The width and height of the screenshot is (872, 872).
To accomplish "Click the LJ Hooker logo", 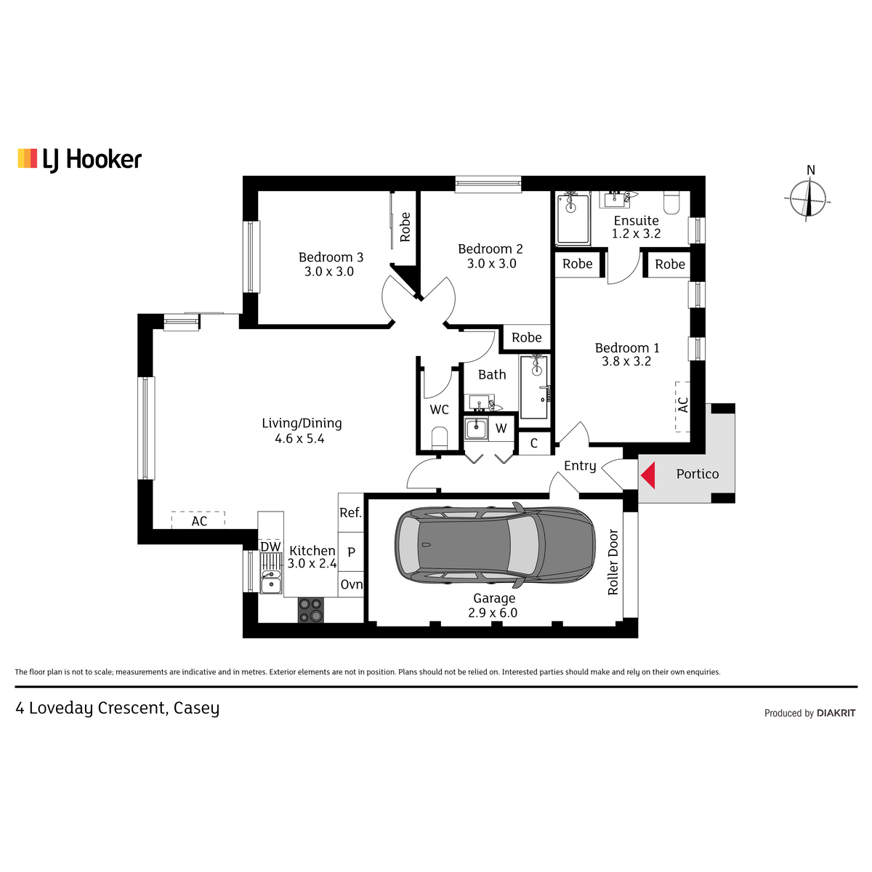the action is point(80,160).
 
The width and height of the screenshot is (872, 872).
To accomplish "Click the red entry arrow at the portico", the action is point(648,475).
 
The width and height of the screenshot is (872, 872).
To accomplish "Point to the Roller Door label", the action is point(613,562).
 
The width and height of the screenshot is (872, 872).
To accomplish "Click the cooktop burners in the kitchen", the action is point(311,610).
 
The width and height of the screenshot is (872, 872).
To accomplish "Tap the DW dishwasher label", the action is point(270,546).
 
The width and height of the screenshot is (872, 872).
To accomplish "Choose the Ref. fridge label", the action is point(351,513).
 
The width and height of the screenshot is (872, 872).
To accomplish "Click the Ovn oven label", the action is point(352,584).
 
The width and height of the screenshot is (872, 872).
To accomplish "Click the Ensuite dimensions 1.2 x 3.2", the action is point(637,233).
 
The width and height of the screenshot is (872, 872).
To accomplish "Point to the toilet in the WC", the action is point(440,437).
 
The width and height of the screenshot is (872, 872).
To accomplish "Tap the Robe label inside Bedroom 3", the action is point(405,227).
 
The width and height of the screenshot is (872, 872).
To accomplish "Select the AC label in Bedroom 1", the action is point(683,405).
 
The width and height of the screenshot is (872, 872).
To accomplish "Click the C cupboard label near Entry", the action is point(534,443).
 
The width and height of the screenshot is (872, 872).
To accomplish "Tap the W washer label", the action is point(501,428).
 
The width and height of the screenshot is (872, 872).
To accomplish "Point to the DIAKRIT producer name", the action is point(836,714).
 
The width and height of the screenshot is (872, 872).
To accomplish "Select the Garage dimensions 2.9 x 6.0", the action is point(493,613).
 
